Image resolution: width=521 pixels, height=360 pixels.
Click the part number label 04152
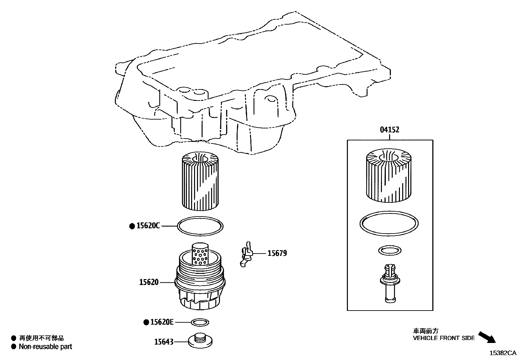pos(389,130)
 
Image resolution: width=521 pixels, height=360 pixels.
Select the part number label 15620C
pos(148,226)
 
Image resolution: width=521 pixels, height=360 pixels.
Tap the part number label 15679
pos(277,253)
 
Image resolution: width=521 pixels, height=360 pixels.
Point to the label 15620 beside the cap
pos(149,282)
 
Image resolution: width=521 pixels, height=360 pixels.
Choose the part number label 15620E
pos(162,322)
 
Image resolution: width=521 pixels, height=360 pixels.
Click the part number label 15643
pos(164,342)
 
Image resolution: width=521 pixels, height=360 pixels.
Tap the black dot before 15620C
pos(132,226)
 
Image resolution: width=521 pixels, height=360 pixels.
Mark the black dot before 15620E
pos(146,323)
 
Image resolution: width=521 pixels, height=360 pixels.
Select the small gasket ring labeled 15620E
pos(200,322)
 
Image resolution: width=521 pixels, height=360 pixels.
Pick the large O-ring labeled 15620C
pos(200,226)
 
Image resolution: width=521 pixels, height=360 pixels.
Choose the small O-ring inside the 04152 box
pos(389,251)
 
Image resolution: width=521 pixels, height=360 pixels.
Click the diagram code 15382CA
pos(503,353)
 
